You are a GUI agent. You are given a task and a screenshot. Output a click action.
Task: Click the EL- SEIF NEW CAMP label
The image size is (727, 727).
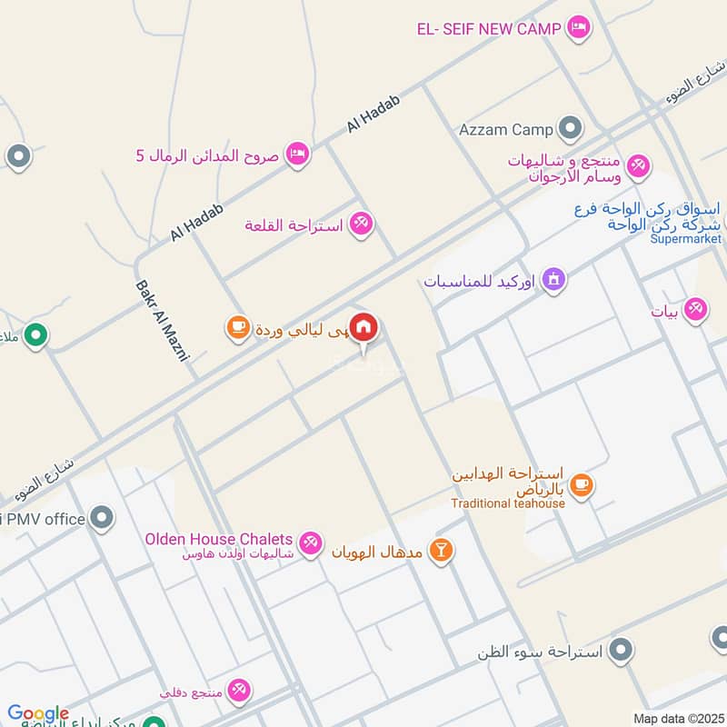click(x=489, y=28)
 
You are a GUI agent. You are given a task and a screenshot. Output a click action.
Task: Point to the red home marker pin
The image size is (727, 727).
click(x=363, y=328)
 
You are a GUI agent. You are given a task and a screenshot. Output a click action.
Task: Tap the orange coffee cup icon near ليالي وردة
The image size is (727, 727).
click(x=237, y=328)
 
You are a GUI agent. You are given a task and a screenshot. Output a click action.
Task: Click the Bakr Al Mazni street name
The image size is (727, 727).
click(x=161, y=321)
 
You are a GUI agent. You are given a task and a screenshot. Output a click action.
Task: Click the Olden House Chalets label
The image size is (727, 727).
click(x=219, y=540)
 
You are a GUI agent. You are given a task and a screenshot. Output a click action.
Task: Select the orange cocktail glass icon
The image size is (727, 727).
click(x=441, y=551)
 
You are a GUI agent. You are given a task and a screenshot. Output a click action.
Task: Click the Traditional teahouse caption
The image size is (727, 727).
click(x=508, y=503)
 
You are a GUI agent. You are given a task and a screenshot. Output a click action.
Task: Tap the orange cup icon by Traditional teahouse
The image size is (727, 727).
click(x=582, y=487)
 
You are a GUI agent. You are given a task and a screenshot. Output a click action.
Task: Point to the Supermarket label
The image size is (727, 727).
click(x=685, y=240)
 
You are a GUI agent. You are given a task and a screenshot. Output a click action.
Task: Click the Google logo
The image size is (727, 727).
click(x=38, y=713)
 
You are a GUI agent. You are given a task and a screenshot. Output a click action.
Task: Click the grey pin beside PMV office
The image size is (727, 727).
click(x=102, y=520)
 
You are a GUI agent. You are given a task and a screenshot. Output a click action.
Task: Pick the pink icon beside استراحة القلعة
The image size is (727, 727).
click(x=362, y=224)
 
